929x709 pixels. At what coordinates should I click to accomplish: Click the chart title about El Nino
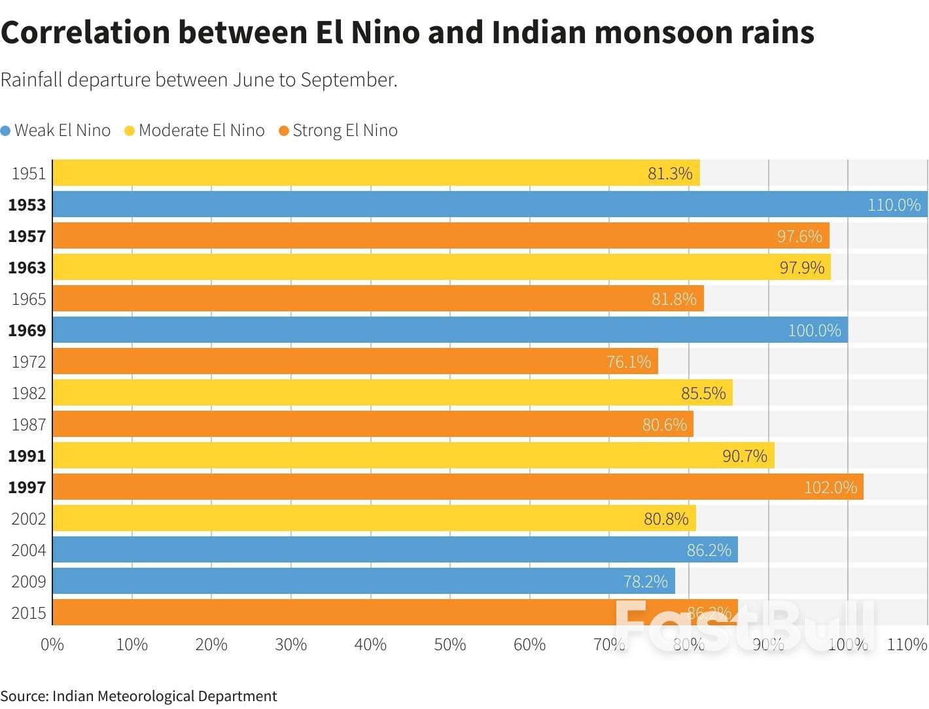point(407,33)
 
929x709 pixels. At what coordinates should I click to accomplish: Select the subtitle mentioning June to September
point(199,80)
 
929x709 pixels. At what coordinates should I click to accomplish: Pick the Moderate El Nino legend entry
point(195,131)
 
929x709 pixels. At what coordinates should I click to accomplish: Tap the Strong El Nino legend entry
point(338,131)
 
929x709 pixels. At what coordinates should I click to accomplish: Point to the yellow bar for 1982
point(393,393)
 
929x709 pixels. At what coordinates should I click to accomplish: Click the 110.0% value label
point(894,205)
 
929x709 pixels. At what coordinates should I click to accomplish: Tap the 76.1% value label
point(629,362)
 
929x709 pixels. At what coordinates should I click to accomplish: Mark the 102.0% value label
point(830,487)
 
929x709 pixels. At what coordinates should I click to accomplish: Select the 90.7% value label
point(745,456)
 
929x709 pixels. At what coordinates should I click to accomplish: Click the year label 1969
point(27,330)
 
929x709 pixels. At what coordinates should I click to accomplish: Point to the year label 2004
point(28,550)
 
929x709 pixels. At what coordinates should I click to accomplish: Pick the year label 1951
point(28,173)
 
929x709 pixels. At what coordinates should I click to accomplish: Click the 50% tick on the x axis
point(450,645)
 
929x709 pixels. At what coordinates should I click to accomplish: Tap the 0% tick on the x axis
point(52,645)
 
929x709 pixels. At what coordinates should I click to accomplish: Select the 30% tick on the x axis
point(291,645)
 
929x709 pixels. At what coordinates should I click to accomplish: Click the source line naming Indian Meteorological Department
point(139,696)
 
